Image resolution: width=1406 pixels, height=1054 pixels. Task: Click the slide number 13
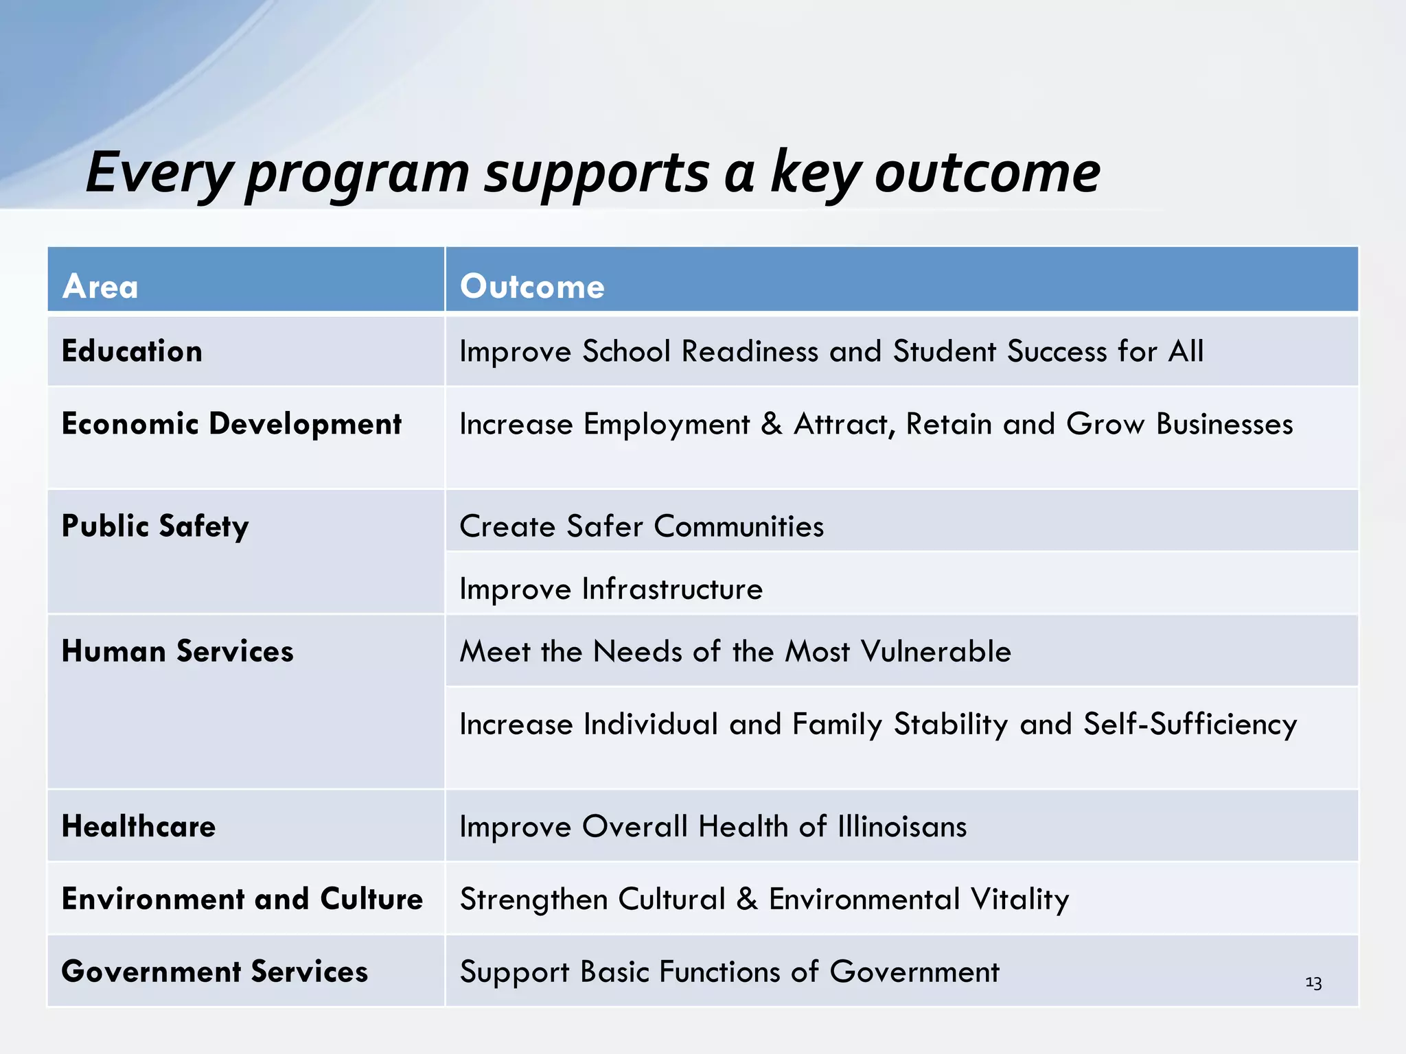click(x=1313, y=983)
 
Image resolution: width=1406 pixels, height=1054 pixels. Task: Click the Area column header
click(x=100, y=286)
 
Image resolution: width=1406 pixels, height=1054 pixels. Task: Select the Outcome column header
click(x=532, y=286)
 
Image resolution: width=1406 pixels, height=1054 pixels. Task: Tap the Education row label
click(x=132, y=351)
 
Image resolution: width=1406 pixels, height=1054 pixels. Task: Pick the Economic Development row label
click(x=231, y=424)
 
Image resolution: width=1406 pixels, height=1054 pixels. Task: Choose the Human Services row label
click(x=177, y=651)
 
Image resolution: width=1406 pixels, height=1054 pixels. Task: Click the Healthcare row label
click(x=139, y=826)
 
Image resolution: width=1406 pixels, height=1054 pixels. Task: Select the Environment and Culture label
click(x=242, y=899)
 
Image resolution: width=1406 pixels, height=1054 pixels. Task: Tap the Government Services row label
click(x=214, y=972)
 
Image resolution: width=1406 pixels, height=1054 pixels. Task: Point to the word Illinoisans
click(x=902, y=826)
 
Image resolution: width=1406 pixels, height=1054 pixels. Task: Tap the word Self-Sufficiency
click(x=1190, y=725)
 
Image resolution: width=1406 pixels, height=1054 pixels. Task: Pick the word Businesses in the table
click(x=1225, y=424)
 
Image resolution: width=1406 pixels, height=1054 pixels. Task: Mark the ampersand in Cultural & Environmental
click(x=747, y=899)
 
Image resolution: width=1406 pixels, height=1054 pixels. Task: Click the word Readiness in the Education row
click(x=750, y=351)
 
